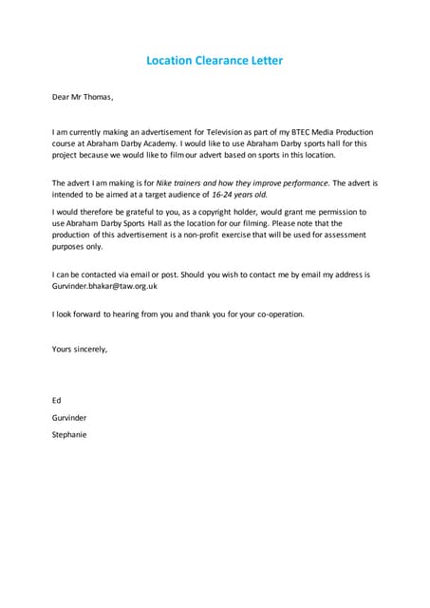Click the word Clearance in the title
click(215, 61)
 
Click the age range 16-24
click(223, 193)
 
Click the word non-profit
click(233, 234)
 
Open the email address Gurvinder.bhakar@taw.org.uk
click(104, 285)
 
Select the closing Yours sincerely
click(80, 349)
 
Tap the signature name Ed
click(56, 400)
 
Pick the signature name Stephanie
click(69, 434)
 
